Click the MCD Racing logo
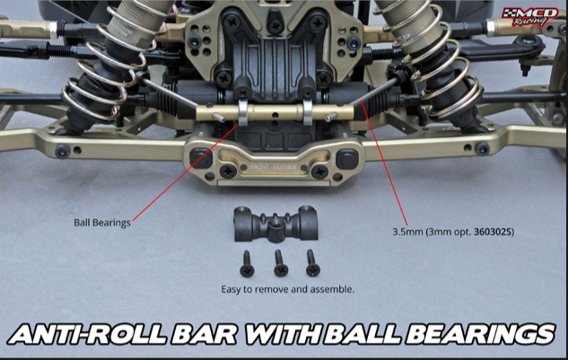click(x=530, y=16)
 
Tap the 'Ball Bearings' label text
click(x=102, y=223)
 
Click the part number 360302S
click(x=494, y=232)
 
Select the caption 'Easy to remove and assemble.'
click(x=288, y=289)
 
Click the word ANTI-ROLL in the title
click(x=87, y=334)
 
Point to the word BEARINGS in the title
click(x=478, y=334)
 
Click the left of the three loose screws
click(x=247, y=264)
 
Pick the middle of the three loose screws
click(x=280, y=263)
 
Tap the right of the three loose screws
click(x=312, y=263)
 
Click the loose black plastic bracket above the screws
click(x=276, y=224)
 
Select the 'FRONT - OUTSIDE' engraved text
click(x=274, y=167)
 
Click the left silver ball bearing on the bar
click(x=243, y=112)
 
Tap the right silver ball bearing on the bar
click(x=307, y=112)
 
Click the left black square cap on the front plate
click(x=201, y=158)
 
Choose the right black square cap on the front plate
click(x=347, y=159)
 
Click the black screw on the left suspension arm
click(x=62, y=151)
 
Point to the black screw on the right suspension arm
click(x=482, y=149)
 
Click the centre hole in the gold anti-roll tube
click(x=275, y=116)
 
